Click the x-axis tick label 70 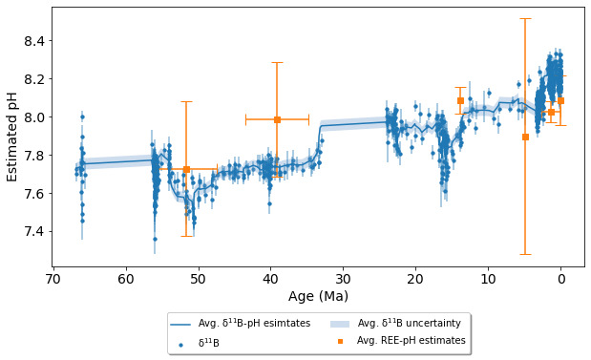53,280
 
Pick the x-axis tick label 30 343,280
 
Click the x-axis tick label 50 198,280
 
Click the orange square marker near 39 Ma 277,119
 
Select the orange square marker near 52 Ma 186,169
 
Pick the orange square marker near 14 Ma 460,100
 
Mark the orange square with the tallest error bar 525,137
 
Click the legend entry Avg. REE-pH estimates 411,340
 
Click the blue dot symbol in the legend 180,341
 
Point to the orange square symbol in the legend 341,341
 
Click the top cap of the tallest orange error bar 525,18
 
